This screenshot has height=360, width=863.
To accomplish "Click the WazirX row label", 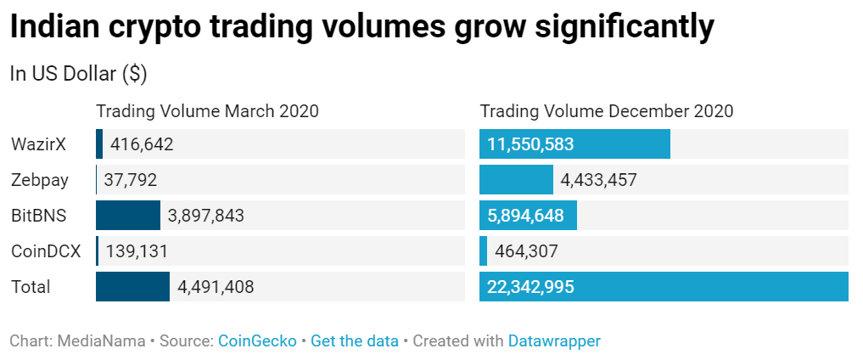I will coord(38,144).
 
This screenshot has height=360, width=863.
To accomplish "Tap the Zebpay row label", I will coord(40,180).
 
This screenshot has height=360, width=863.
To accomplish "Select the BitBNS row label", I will coord(39,216).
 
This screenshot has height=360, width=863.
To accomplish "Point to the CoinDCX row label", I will coord(47,251).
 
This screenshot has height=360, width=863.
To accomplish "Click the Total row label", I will coord(31,287).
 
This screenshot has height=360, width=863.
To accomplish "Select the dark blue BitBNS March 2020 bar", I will coord(128,216).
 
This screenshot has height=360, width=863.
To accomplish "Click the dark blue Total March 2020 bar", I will coord(132,287).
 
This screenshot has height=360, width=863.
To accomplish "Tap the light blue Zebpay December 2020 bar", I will coord(516,180).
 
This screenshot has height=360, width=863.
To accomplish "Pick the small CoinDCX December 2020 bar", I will coord(484,251).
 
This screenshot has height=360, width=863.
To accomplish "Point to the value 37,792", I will coord(130,180).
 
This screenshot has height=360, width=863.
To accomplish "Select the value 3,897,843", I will coord(206,216).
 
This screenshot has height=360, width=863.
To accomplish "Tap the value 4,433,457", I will coord(598,180).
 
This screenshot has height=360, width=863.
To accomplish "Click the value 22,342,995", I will coord(530,287).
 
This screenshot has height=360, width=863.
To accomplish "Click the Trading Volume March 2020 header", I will coord(207,111).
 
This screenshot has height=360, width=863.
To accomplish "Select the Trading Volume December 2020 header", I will coord(607,111).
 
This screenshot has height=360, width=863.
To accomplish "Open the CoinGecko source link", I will coord(257,341).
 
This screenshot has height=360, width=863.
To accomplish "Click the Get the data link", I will coord(355,341).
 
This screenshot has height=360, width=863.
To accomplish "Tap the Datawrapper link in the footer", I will coord(554,341).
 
